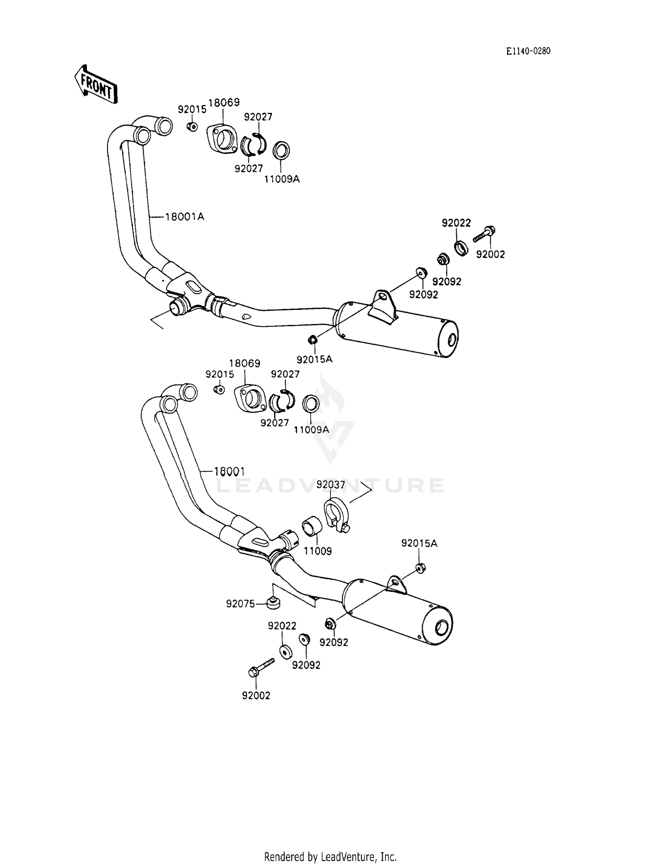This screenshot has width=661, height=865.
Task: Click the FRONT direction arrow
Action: tap(96, 85)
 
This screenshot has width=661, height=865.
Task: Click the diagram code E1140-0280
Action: tap(528, 51)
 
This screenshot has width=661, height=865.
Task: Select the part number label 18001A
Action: tap(185, 216)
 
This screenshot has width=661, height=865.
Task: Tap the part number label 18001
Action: tap(229, 471)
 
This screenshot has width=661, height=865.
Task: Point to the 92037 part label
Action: tap(331, 485)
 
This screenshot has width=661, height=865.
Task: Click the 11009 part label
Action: tap(318, 551)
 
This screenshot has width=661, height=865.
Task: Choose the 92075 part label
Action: tap(241, 604)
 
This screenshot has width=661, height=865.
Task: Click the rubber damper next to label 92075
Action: tap(274, 602)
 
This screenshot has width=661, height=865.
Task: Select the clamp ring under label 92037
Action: tap(337, 514)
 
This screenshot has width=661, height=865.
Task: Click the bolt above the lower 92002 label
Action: tap(260, 667)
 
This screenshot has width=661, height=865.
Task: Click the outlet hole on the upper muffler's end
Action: tap(451, 341)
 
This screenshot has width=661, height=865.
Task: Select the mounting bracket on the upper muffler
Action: tap(382, 306)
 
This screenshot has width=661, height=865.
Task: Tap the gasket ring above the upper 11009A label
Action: tap(281, 150)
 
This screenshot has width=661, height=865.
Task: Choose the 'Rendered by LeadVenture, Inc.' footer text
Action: tap(330, 857)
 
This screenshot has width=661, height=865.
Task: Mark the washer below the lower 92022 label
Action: tap(286, 651)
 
